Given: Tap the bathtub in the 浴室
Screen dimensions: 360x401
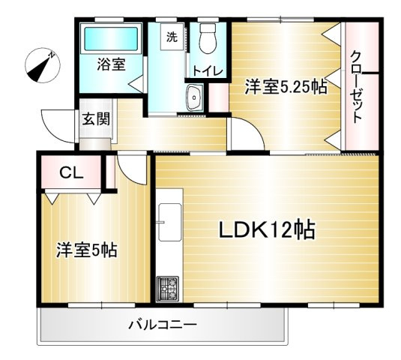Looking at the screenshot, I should (110, 37).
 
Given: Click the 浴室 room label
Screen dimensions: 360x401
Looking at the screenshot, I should (110, 65).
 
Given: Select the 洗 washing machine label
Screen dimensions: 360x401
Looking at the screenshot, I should (172, 36).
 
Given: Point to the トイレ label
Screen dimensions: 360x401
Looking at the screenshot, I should (208, 71).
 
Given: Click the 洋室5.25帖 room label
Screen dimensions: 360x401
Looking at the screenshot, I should (286, 87).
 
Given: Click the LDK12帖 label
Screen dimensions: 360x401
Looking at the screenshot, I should (266, 229).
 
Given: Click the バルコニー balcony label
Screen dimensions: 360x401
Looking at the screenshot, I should (163, 325).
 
